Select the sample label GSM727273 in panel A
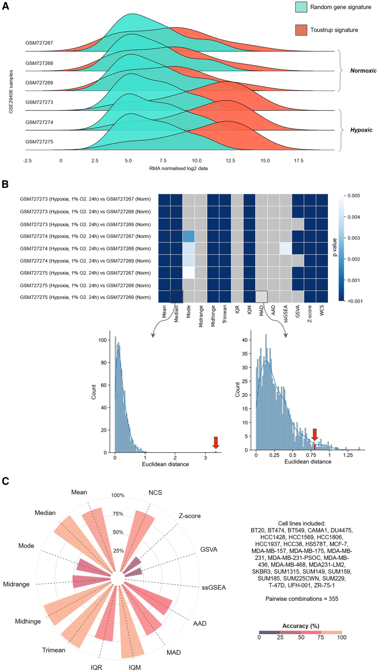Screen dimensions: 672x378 click(x=39, y=102)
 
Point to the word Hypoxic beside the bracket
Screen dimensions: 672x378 click(x=361, y=130)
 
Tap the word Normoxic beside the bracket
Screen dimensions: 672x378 click(x=360, y=71)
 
